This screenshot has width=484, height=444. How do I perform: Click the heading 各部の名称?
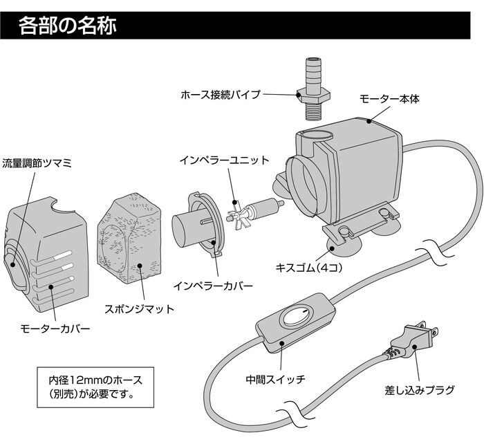[67, 27]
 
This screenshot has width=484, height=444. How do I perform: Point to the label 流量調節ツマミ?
[37, 164]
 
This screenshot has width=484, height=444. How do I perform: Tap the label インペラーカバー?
[216, 285]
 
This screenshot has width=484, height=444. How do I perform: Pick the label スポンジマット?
[139, 308]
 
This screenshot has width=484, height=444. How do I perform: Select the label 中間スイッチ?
[275, 379]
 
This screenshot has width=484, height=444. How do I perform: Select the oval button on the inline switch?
[297, 319]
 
